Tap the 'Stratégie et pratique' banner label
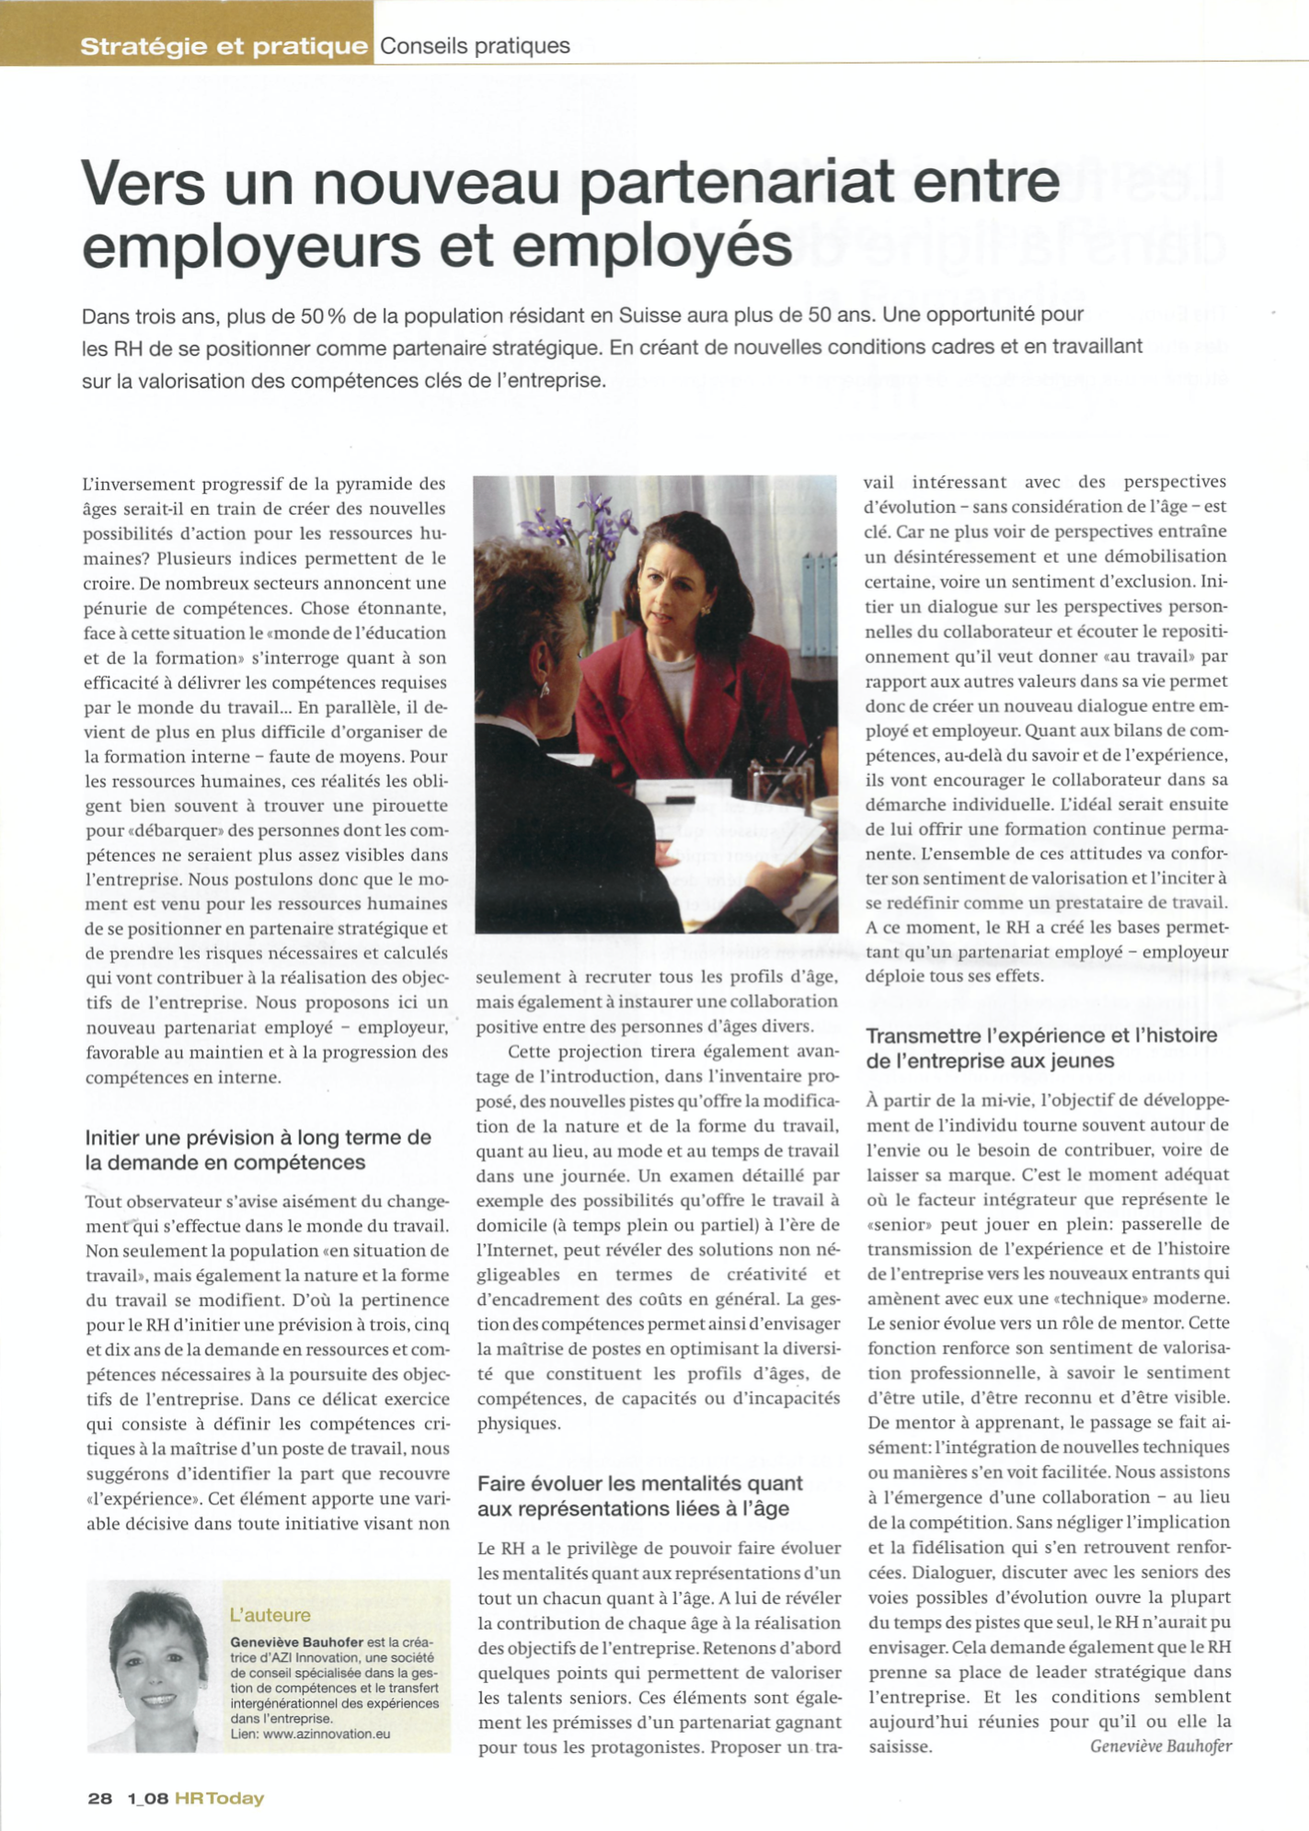pos(224,46)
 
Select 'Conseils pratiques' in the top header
pos(475,46)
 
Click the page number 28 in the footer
pos(100,1797)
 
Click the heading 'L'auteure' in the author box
pos(270,1614)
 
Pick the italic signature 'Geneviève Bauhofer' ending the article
pos(1160,1745)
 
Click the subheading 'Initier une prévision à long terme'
pos(258,1138)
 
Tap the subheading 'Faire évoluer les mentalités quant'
pos(639,1483)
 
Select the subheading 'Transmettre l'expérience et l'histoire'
pos(1041,1036)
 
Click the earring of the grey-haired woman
pos(545,686)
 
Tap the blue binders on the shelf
pos(818,589)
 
